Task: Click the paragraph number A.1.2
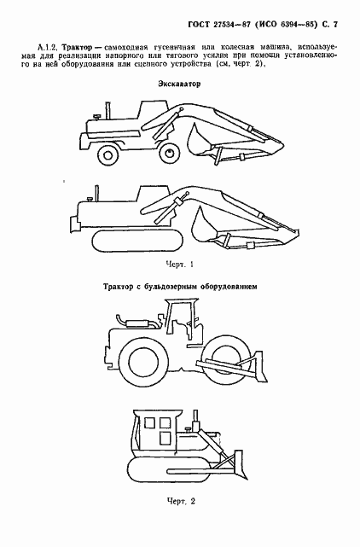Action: (49, 43)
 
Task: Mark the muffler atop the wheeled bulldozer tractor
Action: (135, 322)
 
